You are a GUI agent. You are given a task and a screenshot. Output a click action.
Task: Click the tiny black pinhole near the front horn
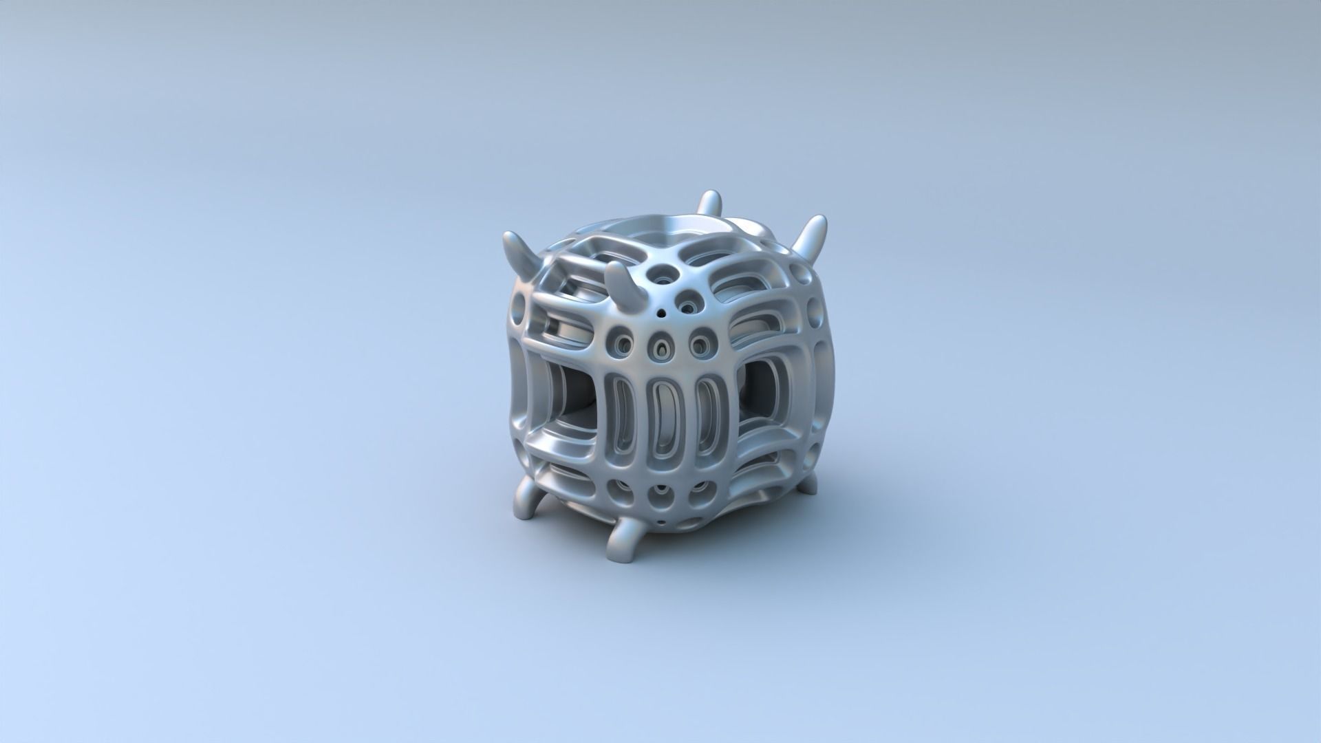pyautogui.click(x=661, y=313)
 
